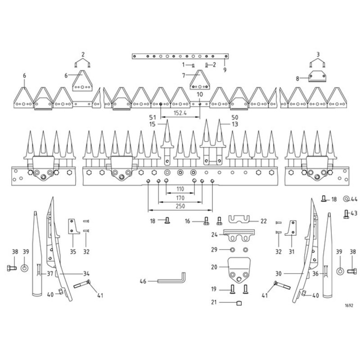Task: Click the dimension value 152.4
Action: click(x=180, y=113)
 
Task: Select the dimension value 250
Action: click(x=180, y=206)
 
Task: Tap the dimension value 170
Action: click(x=180, y=198)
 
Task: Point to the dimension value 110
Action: click(x=180, y=189)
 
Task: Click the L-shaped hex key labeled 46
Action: click(x=171, y=278)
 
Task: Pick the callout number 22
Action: click(x=263, y=221)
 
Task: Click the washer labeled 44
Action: click(x=346, y=199)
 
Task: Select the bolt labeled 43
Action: click(x=346, y=214)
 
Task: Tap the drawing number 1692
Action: click(x=349, y=306)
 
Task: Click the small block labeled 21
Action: click(x=239, y=303)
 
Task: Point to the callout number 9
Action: click(x=225, y=70)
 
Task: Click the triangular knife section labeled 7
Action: click(x=200, y=80)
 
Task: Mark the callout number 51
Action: click(x=153, y=117)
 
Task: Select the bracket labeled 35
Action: click(x=74, y=226)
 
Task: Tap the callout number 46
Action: click(x=143, y=281)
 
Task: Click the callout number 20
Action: click(x=214, y=267)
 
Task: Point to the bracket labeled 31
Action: click(x=291, y=228)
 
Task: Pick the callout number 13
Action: click(x=235, y=124)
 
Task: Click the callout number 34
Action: click(x=86, y=274)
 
